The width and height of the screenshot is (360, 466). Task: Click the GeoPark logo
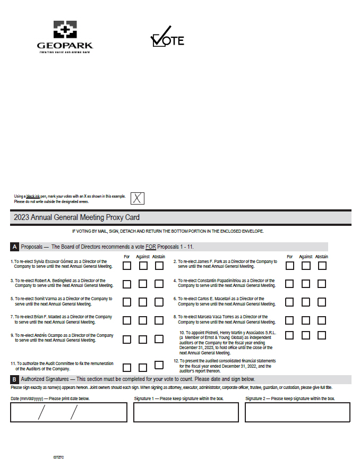[65, 36]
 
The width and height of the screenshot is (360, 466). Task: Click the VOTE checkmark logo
[167, 37]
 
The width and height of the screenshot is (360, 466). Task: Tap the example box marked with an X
[137, 199]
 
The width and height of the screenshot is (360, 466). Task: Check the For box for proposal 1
[127, 266]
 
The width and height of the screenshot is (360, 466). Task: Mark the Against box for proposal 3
[143, 284]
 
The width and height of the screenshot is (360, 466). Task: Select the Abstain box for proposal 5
[159, 302]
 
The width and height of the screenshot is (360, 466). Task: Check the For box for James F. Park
[289, 266]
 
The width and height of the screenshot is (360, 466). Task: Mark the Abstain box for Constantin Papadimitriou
[322, 284]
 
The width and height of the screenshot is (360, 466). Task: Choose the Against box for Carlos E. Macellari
[306, 302]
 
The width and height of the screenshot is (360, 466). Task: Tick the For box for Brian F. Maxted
[127, 320]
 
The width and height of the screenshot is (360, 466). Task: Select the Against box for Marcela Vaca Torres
[306, 320]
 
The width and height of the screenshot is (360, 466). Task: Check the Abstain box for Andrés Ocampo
[159, 339]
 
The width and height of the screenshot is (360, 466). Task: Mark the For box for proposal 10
[289, 335]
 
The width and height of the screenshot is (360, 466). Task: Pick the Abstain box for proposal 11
[159, 365]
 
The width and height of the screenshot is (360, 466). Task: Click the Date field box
[68, 412]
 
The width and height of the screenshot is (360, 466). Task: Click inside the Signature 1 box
[186, 412]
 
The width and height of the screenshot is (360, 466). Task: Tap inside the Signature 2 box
[297, 412]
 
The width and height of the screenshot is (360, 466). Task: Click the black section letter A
[15, 247]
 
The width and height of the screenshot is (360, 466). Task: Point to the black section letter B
[15, 379]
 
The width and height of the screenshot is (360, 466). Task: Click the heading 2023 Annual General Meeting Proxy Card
[77, 217]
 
